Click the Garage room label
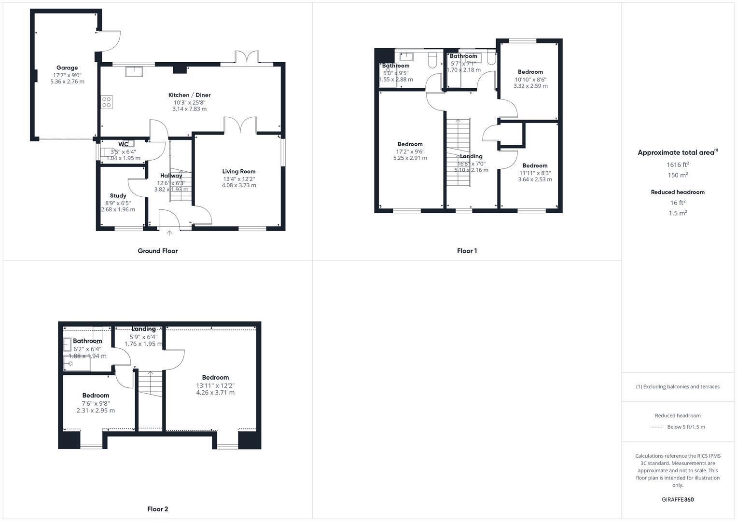[67, 68]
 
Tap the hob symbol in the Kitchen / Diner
[106, 102]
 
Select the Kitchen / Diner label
[189, 95]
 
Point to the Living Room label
[239, 171]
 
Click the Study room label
[118, 195]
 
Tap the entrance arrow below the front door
[169, 233]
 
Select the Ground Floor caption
[157, 251]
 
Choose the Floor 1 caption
[467, 251]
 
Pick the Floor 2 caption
[157, 509]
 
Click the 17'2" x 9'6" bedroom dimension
[410, 151]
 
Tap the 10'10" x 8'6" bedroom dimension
[530, 80]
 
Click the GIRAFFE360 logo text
[678, 500]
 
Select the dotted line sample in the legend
[657, 427]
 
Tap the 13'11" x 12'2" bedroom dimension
[215, 385]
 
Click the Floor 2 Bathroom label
[87, 341]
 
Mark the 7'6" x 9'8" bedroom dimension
[96, 403]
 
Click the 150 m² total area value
[678, 175]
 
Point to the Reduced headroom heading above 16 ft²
[678, 192]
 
